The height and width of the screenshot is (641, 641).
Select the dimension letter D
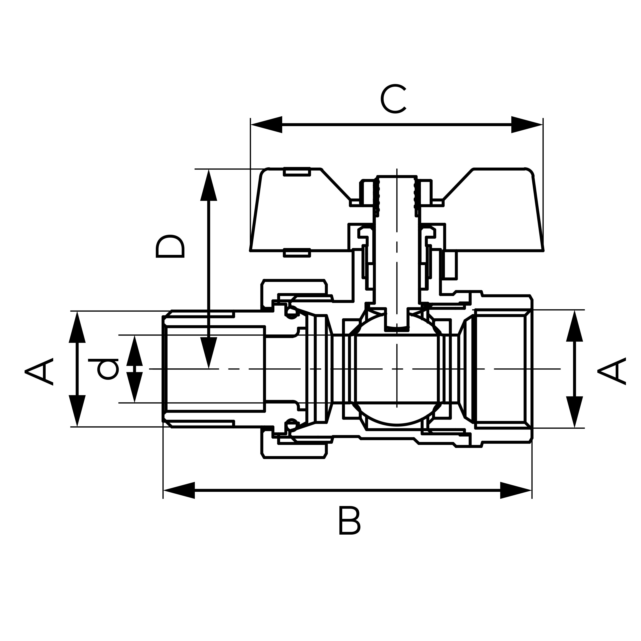(x=170, y=246)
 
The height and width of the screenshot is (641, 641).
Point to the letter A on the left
(x=39, y=372)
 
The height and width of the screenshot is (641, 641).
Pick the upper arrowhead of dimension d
(x=134, y=352)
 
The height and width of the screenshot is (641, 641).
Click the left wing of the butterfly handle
(x=299, y=212)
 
